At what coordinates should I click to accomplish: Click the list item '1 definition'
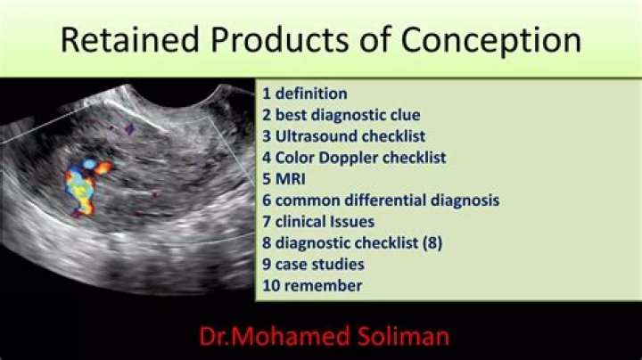click(305, 93)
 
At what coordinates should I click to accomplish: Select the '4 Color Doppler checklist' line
click(354, 157)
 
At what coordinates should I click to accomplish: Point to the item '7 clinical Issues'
click(318, 221)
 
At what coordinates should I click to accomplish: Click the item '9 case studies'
click(313, 264)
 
